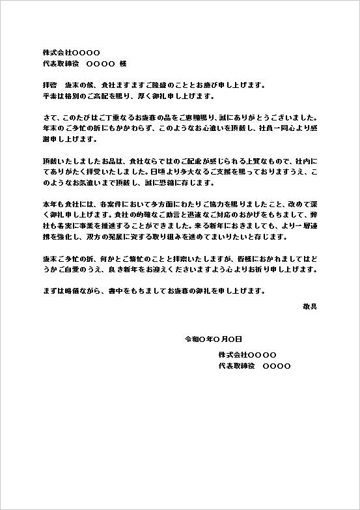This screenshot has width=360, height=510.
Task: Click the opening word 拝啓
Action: coord(49,85)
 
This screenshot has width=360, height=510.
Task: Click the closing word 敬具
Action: coord(310,305)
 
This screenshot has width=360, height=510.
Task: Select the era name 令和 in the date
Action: coord(192,339)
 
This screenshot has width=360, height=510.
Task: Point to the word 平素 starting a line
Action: coord(49,96)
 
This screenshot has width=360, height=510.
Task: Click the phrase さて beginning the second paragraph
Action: coord(49,118)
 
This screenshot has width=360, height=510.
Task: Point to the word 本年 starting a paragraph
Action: coord(49,205)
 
